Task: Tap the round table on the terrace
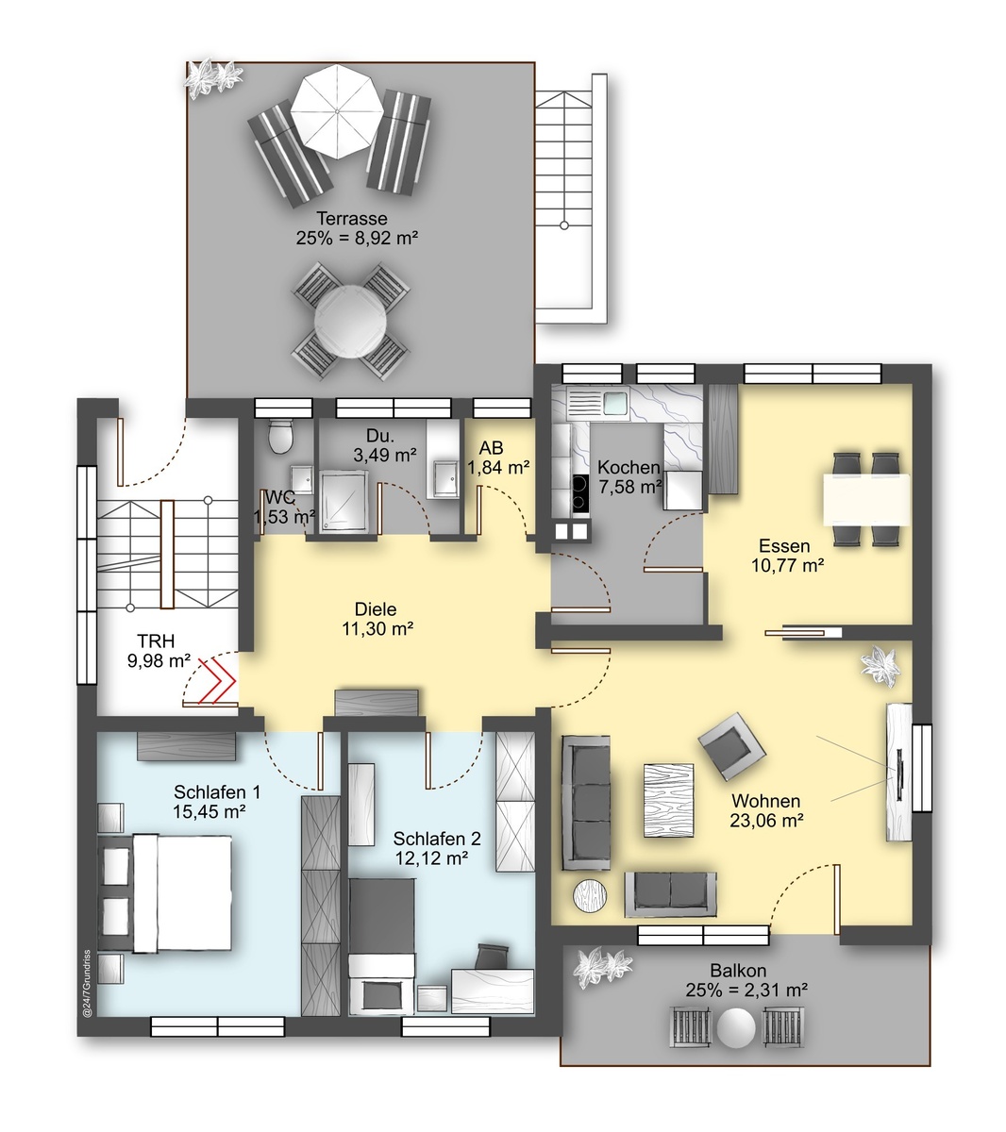pos(350,322)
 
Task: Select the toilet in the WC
pos(280,437)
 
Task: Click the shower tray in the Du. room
pos(344,500)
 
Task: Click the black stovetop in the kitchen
pos(580,492)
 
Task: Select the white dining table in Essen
pos(865,500)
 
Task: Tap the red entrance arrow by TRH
pos(217,680)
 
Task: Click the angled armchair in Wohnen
pos(731,746)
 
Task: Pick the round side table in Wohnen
pos(590,897)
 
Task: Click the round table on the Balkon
pos(736,1027)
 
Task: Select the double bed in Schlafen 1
pos(165,892)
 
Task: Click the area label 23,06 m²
pos(766,821)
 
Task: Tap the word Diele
pos(376,609)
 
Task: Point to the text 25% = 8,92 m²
pos(357,238)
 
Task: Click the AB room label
pos(491,447)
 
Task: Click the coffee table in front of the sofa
pos(668,800)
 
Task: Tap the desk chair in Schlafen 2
pos(493,956)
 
